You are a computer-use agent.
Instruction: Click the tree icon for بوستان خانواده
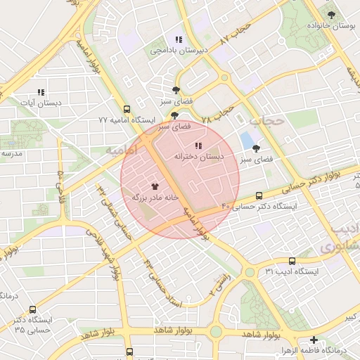pyautogui.click(x=331, y=13)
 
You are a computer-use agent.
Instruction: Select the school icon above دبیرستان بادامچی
pyautogui.click(x=179, y=39)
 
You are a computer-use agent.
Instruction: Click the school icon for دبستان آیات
pyautogui.click(x=41, y=92)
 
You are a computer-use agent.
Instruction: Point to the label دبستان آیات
pyautogui.click(x=40, y=103)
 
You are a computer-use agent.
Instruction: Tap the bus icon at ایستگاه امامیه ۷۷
pyautogui.click(x=127, y=109)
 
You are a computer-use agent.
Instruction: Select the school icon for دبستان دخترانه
pyautogui.click(x=198, y=146)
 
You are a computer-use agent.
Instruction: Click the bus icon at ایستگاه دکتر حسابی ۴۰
pyautogui.click(x=259, y=195)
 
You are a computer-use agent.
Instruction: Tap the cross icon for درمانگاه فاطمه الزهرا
pyautogui.click(x=314, y=339)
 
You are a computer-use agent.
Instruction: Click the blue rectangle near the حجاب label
pyautogui.click(x=247, y=141)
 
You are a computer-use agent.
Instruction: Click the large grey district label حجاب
pyautogui.click(x=266, y=121)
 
